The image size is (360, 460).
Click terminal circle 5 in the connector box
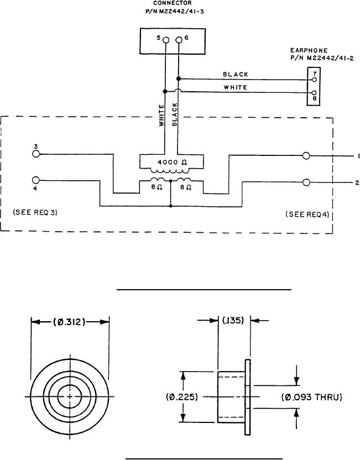click(x=166, y=40)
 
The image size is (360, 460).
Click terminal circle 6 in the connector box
click(x=179, y=40)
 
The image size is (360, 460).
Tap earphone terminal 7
click(x=314, y=80)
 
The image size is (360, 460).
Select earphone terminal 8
click(x=314, y=93)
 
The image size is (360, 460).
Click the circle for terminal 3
click(x=36, y=154)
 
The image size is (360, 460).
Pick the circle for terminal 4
click(x=36, y=180)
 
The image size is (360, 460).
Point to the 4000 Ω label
click(x=172, y=162)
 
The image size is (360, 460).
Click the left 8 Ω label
click(x=157, y=187)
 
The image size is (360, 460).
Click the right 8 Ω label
click(x=186, y=187)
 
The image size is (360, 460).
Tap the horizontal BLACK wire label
click(x=236, y=75)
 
